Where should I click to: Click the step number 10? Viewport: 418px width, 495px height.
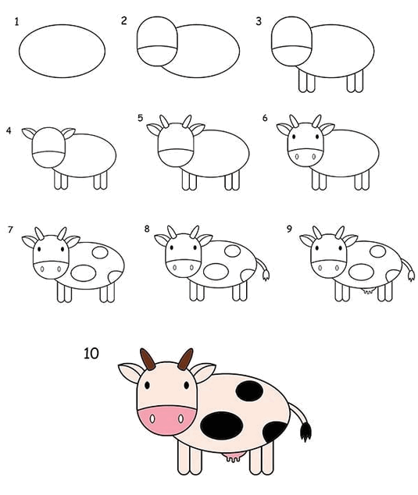pyautogui.click(x=91, y=353)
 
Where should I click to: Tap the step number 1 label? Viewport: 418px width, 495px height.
pyautogui.click(x=16, y=22)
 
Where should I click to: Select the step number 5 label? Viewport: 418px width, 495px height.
pyautogui.click(x=141, y=118)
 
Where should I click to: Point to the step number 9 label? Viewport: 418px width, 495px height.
pyautogui.click(x=289, y=229)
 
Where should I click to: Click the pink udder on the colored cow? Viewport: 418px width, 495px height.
pyautogui.click(x=234, y=457)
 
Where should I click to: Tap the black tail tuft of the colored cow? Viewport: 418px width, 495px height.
pyautogui.click(x=305, y=432)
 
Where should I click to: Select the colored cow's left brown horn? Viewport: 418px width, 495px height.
pyautogui.click(x=148, y=360)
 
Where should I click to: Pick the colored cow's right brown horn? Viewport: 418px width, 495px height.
pyautogui.click(x=185, y=359)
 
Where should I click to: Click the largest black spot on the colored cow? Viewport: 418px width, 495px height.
pyautogui.click(x=222, y=426)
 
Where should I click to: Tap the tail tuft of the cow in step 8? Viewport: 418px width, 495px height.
pyautogui.click(x=266, y=275)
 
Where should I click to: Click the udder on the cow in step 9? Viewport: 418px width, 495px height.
pyautogui.click(x=368, y=290)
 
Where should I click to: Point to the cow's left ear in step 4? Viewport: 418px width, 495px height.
pyautogui.click(x=29, y=133)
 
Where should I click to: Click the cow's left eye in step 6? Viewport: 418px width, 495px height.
pyautogui.click(x=294, y=137)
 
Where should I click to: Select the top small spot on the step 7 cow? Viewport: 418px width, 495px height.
pyautogui.click(x=100, y=252)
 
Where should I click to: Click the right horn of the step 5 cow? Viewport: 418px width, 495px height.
pyautogui.click(x=187, y=122)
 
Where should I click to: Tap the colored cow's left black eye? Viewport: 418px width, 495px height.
pyautogui.click(x=147, y=386)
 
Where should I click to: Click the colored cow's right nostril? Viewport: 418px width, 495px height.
pyautogui.click(x=180, y=419)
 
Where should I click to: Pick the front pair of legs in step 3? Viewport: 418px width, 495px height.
pyautogui.click(x=306, y=81)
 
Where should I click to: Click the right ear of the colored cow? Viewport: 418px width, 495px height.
pyautogui.click(x=203, y=372)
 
